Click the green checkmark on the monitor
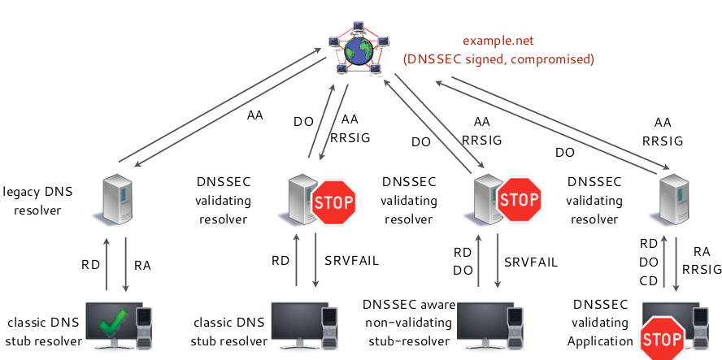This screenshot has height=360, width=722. pyautogui.click(x=115, y=325)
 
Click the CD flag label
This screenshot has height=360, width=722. pyautogui.click(x=648, y=280)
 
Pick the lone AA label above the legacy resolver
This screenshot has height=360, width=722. pyautogui.click(x=254, y=116)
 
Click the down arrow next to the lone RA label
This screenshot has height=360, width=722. pyautogui.click(x=125, y=265)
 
